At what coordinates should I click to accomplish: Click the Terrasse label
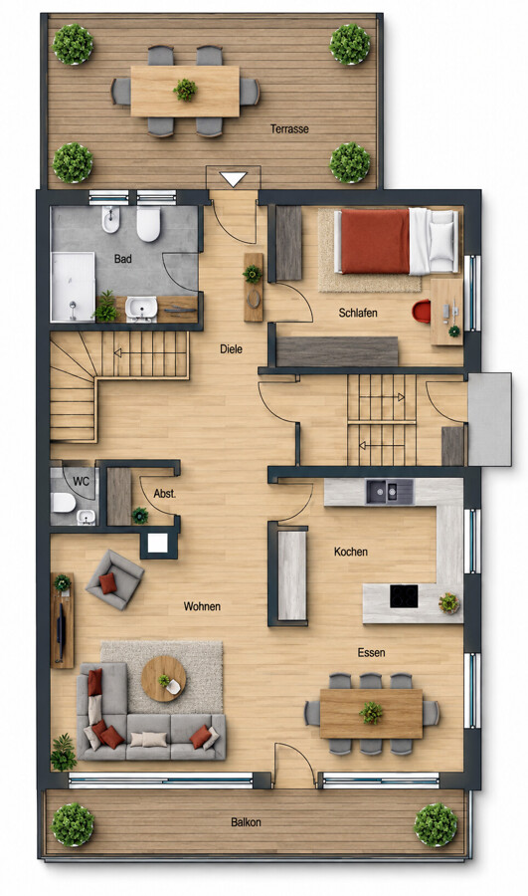click(x=289, y=129)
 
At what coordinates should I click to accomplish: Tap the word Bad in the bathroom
click(x=122, y=259)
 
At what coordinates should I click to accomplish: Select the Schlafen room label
click(x=358, y=313)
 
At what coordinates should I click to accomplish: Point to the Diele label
click(x=231, y=348)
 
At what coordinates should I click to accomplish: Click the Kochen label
click(x=350, y=552)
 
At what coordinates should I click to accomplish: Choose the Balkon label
click(x=246, y=822)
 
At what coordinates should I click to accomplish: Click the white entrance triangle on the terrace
click(x=233, y=179)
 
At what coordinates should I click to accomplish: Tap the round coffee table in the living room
click(x=164, y=679)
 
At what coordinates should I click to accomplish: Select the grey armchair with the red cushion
click(x=114, y=579)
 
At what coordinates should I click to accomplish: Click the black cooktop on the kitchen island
click(x=404, y=596)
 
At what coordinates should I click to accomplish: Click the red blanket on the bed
click(x=375, y=241)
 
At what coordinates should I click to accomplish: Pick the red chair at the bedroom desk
click(x=422, y=312)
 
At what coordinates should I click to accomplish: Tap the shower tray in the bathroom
click(x=73, y=287)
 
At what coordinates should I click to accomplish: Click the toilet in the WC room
click(x=63, y=503)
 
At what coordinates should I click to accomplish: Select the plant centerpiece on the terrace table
click(x=185, y=90)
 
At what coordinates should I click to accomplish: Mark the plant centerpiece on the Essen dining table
click(x=371, y=713)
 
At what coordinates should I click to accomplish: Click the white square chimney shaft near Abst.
click(x=158, y=543)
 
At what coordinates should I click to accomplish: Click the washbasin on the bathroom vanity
click(x=141, y=308)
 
